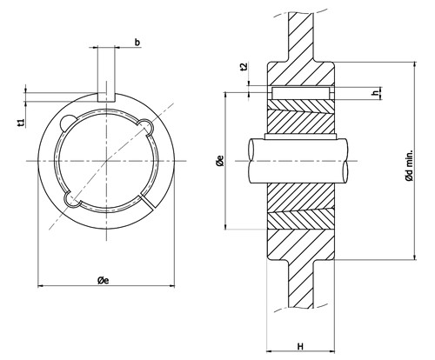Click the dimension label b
tap(137, 43)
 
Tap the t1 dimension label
tap(21, 123)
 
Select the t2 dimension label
tap(244, 66)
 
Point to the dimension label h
tap(376, 93)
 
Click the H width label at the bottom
tap(300, 346)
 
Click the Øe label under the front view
tap(104, 280)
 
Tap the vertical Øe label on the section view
tap(220, 161)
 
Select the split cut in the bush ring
tap(145, 202)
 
